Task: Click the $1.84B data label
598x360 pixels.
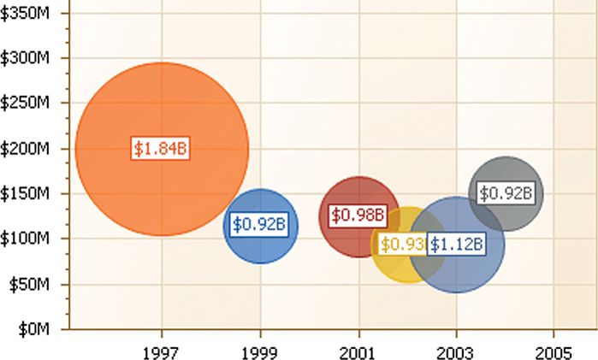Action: click(160, 148)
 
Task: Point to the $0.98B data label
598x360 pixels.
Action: click(359, 215)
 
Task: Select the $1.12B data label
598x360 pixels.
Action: click(457, 245)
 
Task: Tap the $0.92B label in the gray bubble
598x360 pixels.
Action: click(506, 194)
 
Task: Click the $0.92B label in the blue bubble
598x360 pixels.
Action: click(260, 225)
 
